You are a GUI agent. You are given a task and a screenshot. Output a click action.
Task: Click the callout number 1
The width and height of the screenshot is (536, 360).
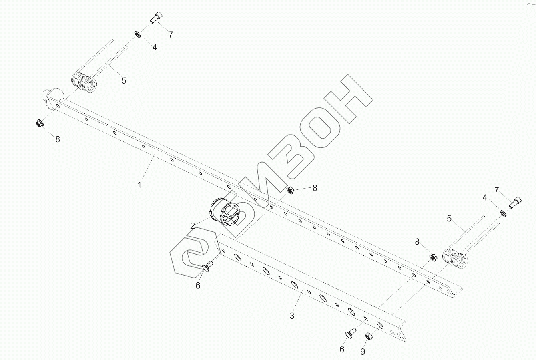pos(139,185)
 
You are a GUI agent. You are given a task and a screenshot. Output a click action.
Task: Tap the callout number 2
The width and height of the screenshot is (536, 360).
pos(193,226)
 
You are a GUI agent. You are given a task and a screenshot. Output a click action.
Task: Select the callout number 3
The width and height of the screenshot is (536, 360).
pos(292,316)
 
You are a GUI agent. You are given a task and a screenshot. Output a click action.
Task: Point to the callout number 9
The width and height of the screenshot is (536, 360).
pos(363,351)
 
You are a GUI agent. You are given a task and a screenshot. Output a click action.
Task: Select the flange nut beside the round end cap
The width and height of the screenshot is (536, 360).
pos(40,123)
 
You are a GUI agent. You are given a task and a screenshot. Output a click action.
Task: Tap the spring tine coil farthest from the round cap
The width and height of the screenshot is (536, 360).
pos(455,259)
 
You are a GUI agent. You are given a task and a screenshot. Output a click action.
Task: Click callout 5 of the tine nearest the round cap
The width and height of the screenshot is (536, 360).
pos(124,80)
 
